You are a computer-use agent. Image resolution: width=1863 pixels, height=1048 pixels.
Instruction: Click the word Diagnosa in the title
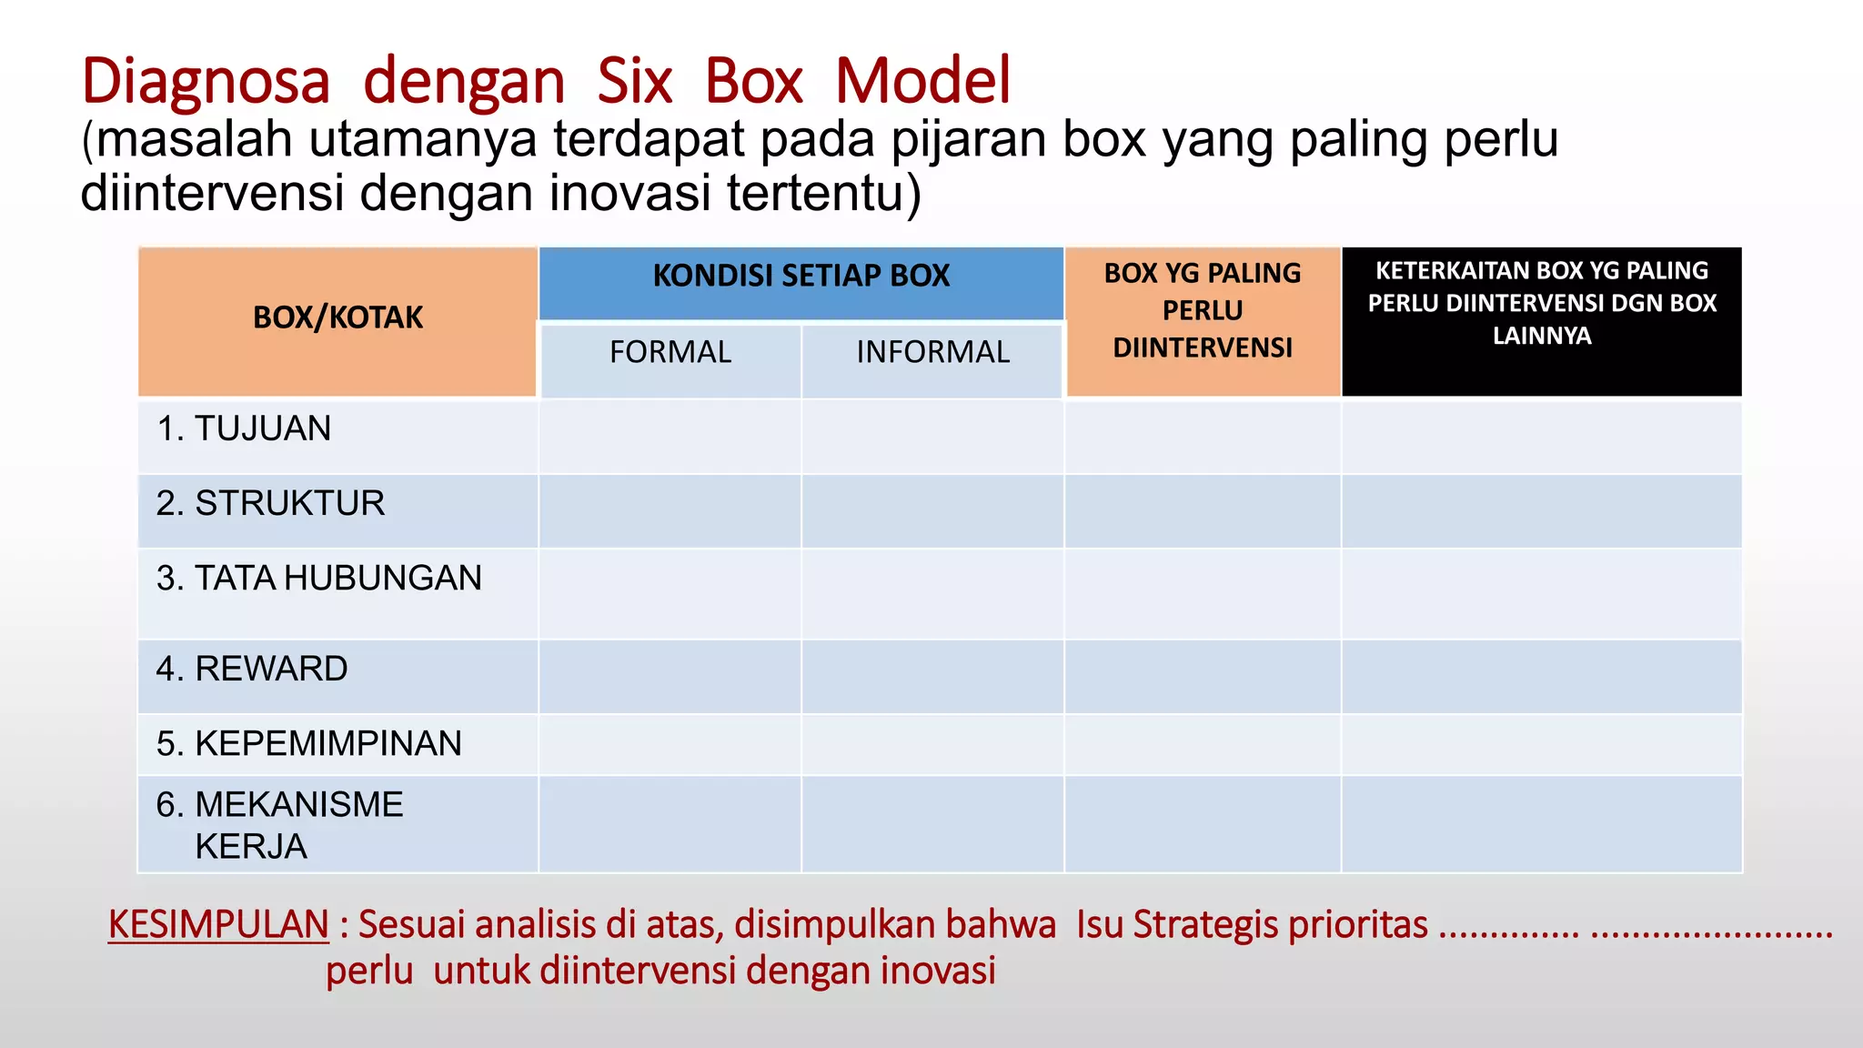click(x=205, y=82)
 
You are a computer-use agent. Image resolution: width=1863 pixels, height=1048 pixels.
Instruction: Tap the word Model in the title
click(x=921, y=82)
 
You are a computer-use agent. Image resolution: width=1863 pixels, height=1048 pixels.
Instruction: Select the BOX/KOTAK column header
click(x=337, y=317)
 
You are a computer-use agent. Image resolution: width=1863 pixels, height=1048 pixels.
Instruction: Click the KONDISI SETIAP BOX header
click(x=801, y=276)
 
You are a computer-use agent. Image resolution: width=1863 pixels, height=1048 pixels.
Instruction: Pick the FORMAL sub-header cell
click(x=670, y=352)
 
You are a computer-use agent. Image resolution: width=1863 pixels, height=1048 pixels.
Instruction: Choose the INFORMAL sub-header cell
click(x=932, y=352)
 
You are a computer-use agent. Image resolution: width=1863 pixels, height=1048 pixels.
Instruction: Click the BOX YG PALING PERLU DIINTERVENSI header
click(x=1203, y=310)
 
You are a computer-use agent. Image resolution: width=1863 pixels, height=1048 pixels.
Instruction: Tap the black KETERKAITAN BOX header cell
click(x=1542, y=303)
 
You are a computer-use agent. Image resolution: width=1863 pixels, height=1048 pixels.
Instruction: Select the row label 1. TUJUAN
click(x=244, y=428)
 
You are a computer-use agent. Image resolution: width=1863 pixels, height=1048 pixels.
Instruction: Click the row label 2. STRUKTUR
click(x=270, y=503)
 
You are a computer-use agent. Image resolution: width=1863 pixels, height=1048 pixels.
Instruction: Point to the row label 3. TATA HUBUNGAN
click(x=318, y=578)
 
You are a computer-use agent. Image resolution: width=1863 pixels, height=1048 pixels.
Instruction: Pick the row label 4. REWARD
click(x=251, y=669)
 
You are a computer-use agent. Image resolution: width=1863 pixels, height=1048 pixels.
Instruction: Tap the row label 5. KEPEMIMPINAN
click(x=308, y=743)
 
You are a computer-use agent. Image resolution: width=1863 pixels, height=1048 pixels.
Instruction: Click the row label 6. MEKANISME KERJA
click(x=278, y=824)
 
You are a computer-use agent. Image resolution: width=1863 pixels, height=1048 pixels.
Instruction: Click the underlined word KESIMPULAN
click(x=218, y=924)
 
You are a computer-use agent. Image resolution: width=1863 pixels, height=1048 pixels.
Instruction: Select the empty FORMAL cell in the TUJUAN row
click(x=670, y=437)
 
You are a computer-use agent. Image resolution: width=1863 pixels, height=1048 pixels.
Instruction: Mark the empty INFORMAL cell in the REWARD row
click(x=932, y=677)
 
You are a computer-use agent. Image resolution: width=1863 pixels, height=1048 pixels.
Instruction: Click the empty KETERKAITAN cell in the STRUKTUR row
click(x=1542, y=511)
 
